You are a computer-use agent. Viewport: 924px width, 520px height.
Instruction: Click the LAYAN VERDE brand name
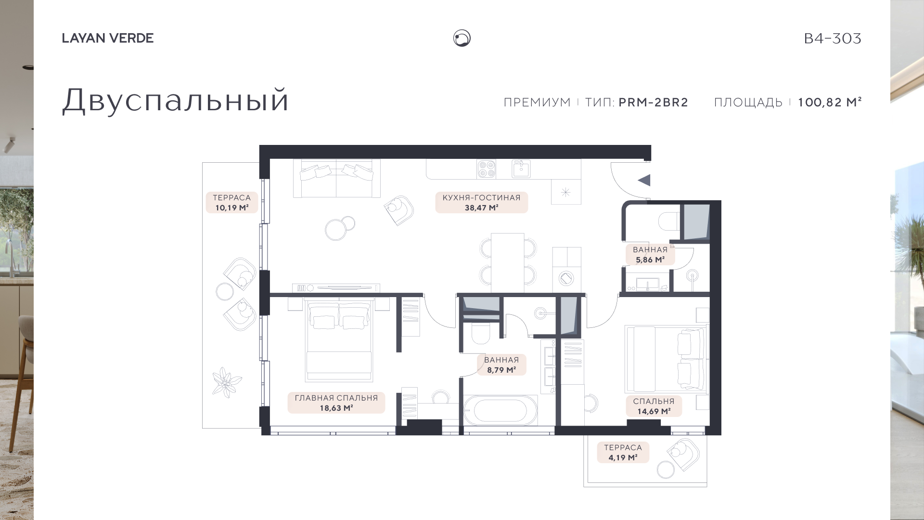coord(108,38)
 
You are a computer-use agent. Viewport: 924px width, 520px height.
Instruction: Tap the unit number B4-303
coord(833,39)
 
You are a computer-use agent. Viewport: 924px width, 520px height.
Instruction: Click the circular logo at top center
coord(462,38)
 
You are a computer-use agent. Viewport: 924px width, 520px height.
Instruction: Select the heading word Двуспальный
coord(176,101)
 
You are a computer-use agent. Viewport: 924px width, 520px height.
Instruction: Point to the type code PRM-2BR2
coord(654,103)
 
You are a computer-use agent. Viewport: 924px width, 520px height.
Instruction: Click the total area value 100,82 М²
coord(830,102)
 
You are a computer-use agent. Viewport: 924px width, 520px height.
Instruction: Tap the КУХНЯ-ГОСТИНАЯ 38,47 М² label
coord(482,203)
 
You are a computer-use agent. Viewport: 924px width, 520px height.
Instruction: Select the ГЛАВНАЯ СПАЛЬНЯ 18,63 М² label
coord(336,403)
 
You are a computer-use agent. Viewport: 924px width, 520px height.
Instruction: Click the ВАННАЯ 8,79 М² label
coord(501,365)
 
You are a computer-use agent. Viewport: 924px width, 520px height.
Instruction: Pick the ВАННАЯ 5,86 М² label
coord(650,255)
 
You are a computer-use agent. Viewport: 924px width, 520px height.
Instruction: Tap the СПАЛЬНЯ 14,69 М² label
coord(654,406)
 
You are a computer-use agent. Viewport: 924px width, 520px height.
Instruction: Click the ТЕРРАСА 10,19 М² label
coord(232,203)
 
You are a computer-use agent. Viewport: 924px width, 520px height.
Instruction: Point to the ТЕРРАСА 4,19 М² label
coord(623,453)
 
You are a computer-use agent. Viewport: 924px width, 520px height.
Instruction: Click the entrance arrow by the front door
coord(644,180)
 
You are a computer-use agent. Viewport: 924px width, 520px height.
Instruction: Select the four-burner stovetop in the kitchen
coord(486,169)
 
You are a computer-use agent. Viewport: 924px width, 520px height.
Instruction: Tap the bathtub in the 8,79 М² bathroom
coord(500,410)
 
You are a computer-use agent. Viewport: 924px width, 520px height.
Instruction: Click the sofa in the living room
coord(337,178)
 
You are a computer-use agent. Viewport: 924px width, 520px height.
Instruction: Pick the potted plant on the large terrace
coord(227,382)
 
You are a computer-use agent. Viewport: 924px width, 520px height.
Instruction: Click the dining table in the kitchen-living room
coord(508,262)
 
